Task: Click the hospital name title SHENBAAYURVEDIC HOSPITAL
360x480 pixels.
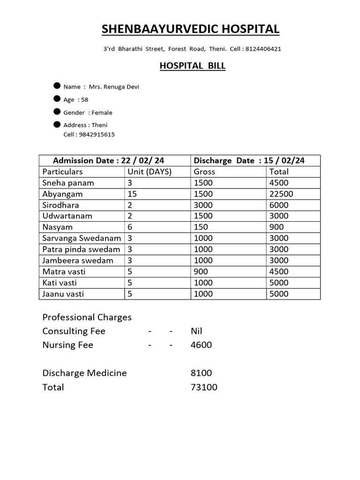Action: pos(190,29)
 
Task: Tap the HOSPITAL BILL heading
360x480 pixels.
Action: pos(193,66)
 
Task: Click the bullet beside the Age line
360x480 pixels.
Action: pos(57,99)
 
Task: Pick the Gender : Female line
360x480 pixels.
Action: pos(88,112)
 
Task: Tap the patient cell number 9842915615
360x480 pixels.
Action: pos(97,135)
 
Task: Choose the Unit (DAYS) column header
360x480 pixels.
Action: pos(150,172)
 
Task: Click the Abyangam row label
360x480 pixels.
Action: pos(62,194)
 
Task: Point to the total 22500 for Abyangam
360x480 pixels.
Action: pos(281,194)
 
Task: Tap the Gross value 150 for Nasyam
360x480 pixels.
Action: pos(201,227)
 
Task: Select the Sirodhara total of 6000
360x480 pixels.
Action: pos(279,205)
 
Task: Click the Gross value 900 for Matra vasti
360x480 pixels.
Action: pos(201,271)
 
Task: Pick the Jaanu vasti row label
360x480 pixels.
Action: pos(63,294)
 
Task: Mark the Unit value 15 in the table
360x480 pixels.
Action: pos(132,194)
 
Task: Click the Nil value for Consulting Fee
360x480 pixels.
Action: pos(196,331)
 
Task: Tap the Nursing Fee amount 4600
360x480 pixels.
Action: pos(201,345)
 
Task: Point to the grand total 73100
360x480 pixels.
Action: pos(204,387)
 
